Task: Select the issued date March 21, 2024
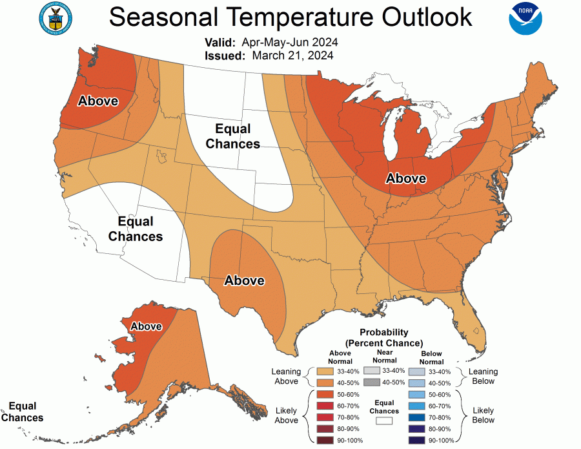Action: point(292,56)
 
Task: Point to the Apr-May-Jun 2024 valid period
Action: point(290,43)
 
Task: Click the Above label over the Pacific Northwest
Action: point(98,101)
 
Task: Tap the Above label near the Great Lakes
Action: point(405,178)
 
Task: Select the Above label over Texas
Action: point(244,280)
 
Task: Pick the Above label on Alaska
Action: point(146,326)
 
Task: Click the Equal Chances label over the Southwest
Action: point(136,229)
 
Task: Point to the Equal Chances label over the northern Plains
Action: point(232,136)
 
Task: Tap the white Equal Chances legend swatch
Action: point(384,420)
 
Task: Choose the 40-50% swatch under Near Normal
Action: point(372,382)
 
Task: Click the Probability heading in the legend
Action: point(384,332)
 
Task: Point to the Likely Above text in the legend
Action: point(286,415)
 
